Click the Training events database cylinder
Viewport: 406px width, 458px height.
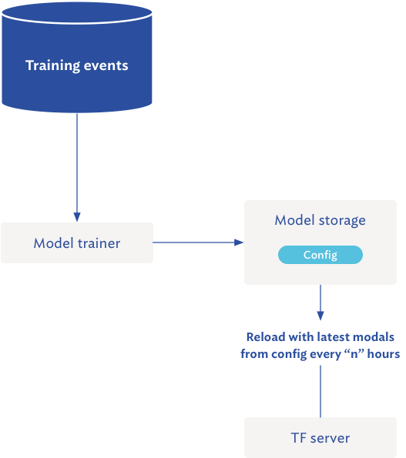(x=77, y=85)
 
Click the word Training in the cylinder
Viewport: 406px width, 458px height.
(x=52, y=65)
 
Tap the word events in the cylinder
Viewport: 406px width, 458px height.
(x=107, y=65)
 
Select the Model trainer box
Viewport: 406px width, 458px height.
(x=77, y=243)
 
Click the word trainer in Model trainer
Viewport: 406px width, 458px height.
(x=99, y=243)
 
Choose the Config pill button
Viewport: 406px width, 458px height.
(x=320, y=255)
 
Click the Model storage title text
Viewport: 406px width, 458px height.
(x=320, y=221)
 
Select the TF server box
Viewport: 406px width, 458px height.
(x=320, y=438)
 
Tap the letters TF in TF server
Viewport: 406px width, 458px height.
(x=298, y=438)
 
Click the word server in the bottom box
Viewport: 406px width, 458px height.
(x=330, y=438)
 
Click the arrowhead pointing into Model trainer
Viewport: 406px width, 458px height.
(x=77, y=217)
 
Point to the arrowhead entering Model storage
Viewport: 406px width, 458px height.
(x=239, y=242)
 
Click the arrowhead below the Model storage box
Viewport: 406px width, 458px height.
(x=320, y=315)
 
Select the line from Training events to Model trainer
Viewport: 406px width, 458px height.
(x=77, y=162)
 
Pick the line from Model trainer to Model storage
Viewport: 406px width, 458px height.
(x=196, y=242)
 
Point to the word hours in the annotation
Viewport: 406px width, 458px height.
(x=383, y=354)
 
